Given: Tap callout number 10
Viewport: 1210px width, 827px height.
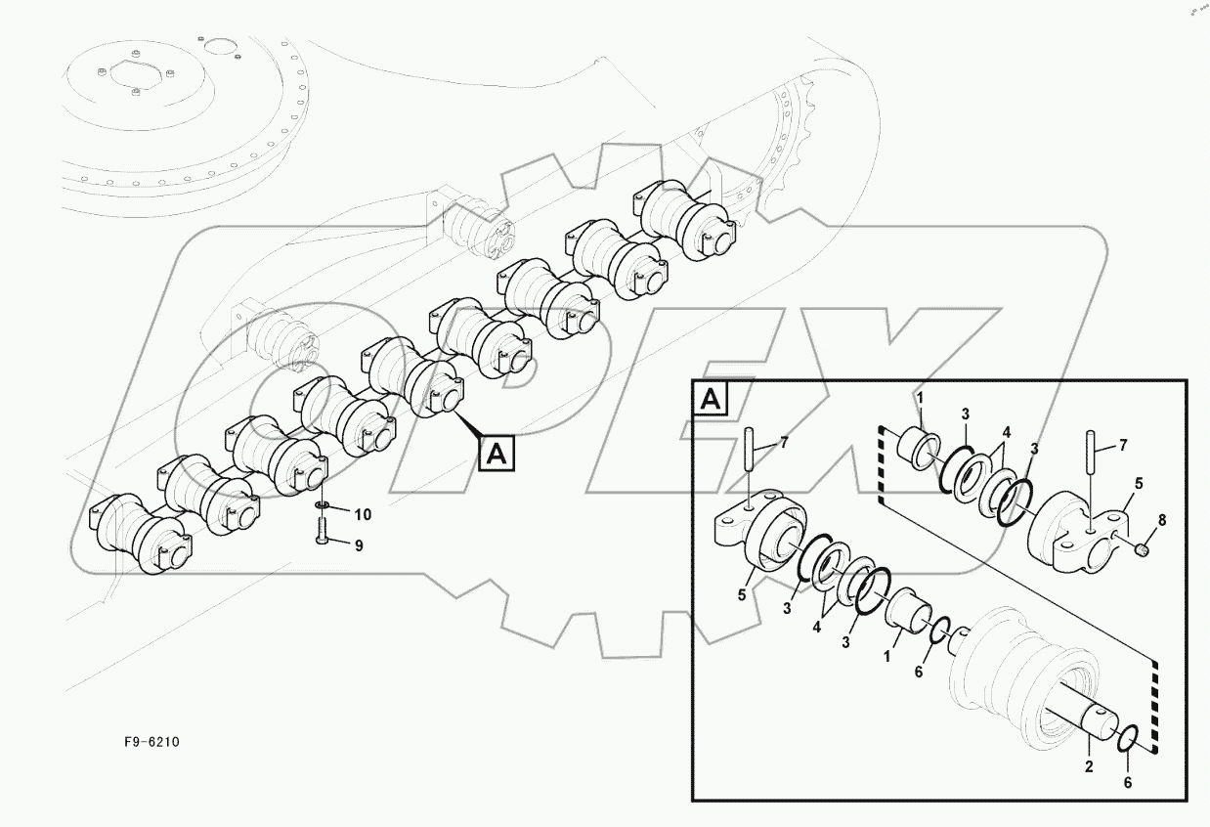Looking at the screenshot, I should click(362, 514).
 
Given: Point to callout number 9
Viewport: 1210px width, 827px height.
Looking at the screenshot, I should click(358, 545).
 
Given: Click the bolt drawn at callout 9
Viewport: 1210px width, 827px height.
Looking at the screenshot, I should click(324, 531).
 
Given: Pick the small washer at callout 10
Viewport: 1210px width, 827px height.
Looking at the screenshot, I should click(323, 505).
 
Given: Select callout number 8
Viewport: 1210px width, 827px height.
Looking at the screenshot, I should click(1161, 521).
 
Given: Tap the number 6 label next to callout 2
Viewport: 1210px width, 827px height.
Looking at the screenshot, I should click(1129, 782).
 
